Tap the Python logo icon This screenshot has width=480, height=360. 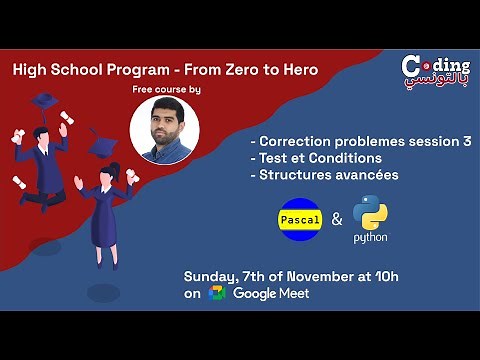pos(370,210)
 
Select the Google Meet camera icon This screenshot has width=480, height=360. pos(217,293)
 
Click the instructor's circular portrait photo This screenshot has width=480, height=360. pos(165,132)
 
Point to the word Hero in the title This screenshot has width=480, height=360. pos(297,70)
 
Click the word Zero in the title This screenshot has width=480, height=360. pos(232,70)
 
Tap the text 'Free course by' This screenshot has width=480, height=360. pos(166,91)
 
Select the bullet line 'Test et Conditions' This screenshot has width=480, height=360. pos(314,158)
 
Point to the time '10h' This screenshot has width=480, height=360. pos(404,275)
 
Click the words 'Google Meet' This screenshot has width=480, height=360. pos(271,293)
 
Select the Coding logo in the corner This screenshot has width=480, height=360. pos(435,72)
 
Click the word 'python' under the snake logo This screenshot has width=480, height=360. pos(370,238)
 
